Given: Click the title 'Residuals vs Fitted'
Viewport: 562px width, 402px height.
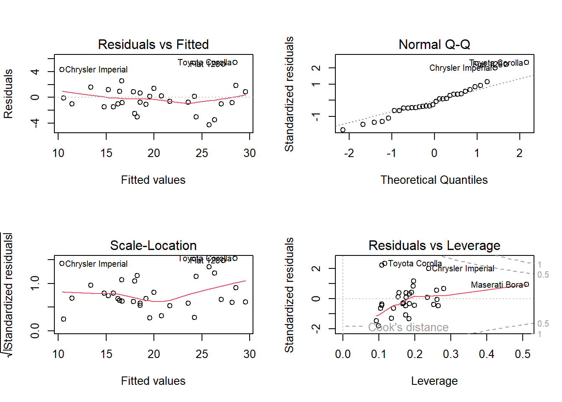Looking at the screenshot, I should [x=153, y=44].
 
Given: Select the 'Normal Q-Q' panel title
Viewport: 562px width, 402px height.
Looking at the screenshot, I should [x=434, y=44].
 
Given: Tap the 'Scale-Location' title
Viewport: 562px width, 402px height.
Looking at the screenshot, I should [x=153, y=245].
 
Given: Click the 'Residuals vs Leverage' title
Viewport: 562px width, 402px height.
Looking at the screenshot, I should [x=434, y=245].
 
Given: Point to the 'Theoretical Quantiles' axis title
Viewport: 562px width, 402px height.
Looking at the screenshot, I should [x=434, y=180].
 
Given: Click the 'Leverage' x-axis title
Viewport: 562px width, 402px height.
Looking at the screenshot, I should [x=434, y=381].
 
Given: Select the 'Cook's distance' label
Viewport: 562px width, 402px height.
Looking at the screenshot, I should [x=408, y=327].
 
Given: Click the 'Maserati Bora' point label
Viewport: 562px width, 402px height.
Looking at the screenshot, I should [x=497, y=285].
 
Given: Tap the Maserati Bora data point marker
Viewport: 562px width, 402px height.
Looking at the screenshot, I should [x=526, y=284].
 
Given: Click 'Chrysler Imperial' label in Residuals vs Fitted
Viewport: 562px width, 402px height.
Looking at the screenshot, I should [x=96, y=70].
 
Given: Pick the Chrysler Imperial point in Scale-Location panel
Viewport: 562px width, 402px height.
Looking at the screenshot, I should [x=62, y=263].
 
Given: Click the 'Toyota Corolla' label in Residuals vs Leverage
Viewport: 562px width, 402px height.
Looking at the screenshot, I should [x=415, y=263].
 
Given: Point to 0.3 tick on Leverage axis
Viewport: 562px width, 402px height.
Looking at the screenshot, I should [x=451, y=354].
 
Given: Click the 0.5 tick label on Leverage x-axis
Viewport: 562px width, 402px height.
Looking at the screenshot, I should [x=523, y=354].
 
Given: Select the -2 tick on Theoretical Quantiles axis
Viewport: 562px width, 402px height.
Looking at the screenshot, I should [x=349, y=153].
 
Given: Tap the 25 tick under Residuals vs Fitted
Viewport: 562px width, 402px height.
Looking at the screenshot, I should [x=202, y=153].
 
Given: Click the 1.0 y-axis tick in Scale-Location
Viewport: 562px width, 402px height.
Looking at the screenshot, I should [x=35, y=283].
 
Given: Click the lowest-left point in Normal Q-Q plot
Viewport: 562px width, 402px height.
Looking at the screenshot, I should [x=343, y=130].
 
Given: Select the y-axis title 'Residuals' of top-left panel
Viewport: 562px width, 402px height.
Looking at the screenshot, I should [x=8, y=94].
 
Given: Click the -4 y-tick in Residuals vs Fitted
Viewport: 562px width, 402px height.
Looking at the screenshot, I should [x=35, y=123].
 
